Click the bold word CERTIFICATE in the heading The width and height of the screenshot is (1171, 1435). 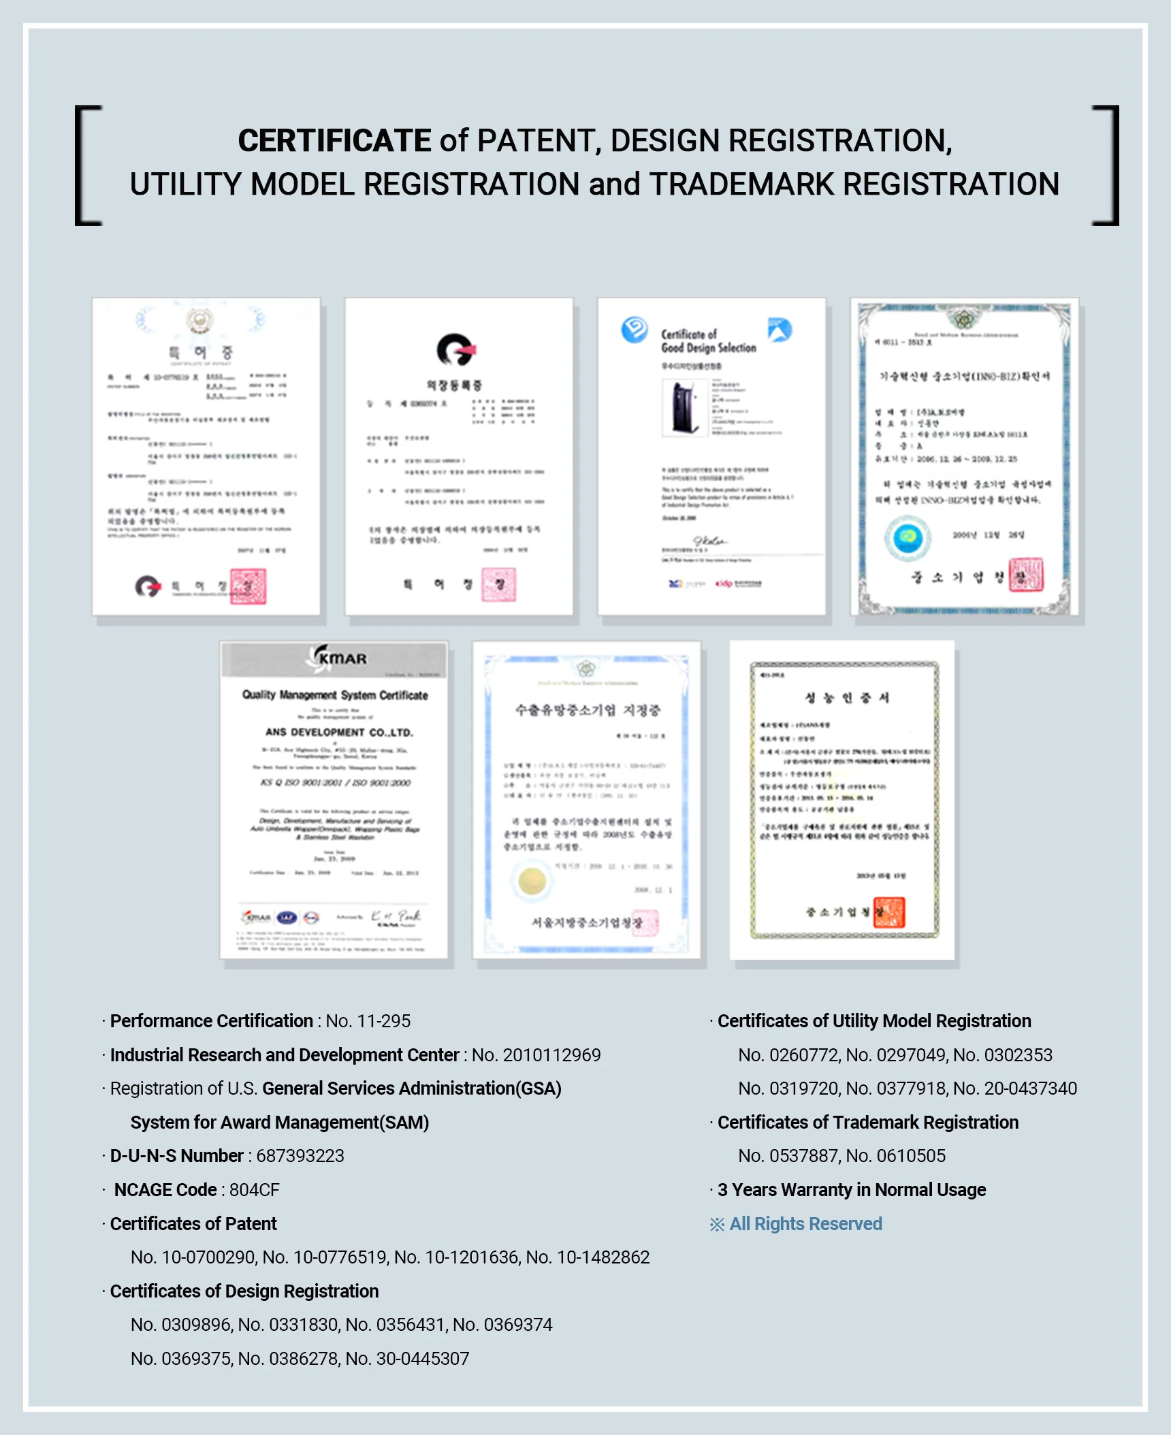click(334, 141)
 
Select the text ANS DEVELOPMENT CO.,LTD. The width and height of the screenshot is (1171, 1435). click(339, 732)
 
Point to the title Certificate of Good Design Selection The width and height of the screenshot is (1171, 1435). click(708, 341)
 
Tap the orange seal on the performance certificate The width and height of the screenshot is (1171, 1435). click(889, 912)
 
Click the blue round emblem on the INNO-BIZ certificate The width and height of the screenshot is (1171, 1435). click(908, 538)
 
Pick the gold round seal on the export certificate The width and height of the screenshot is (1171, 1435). click(532, 882)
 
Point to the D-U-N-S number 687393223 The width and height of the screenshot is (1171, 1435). click(300, 1156)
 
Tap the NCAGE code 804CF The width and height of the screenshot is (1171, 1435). click(254, 1190)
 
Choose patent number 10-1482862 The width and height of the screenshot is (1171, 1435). click(603, 1257)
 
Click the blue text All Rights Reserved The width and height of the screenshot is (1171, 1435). click(805, 1224)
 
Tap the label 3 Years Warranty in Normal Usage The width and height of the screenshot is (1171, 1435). click(851, 1190)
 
